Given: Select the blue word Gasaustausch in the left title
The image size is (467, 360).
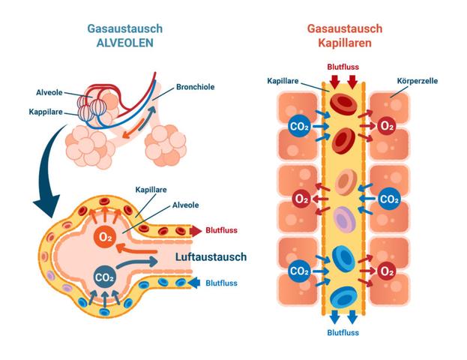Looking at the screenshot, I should pos(124,28).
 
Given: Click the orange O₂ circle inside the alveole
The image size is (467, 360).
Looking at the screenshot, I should pos(106,238).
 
